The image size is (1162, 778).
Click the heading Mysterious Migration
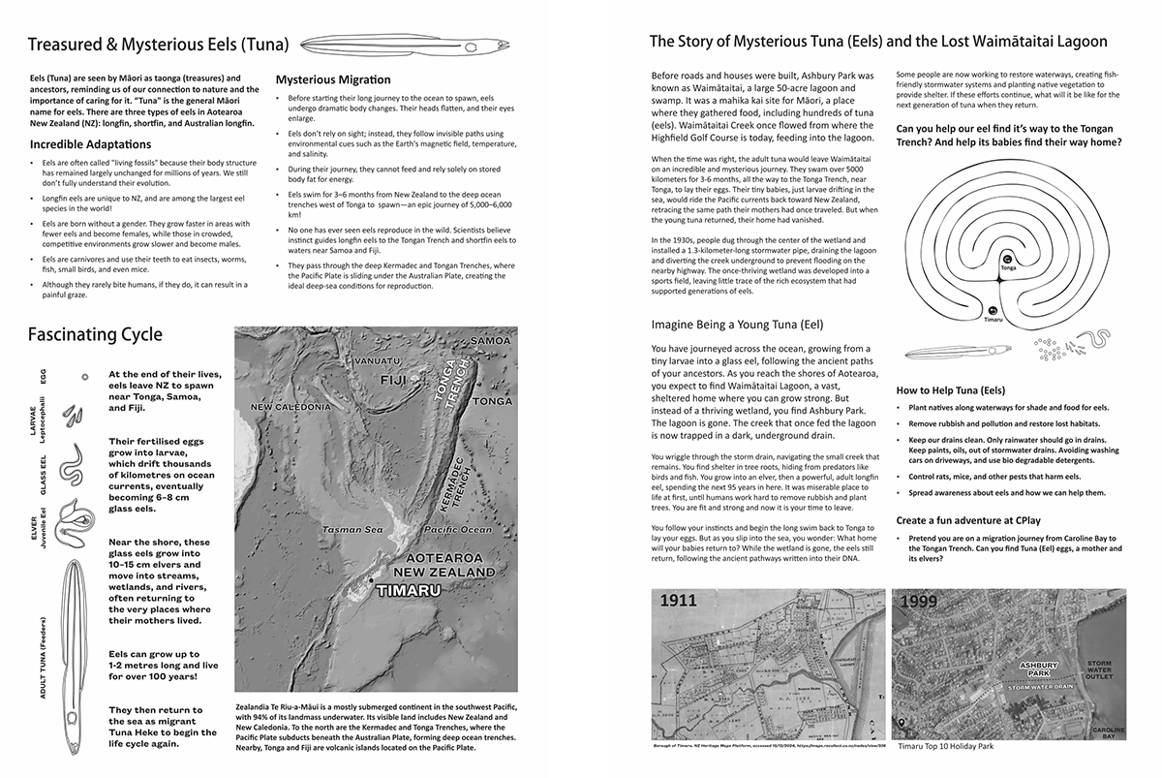point(333,79)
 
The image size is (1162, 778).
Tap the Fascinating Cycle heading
point(95,335)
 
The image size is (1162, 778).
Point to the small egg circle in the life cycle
point(86,377)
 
